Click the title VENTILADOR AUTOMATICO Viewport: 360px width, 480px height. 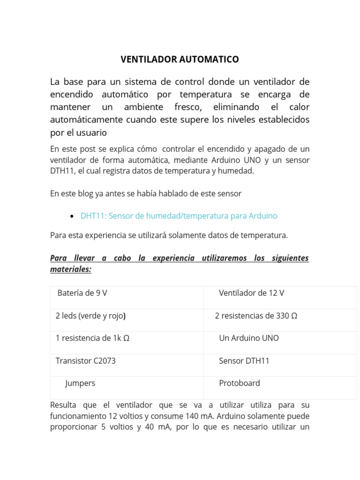click(180, 60)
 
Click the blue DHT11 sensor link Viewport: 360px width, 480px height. click(179, 216)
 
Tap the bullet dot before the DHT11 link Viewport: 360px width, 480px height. click(71, 216)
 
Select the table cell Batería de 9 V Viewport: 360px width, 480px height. click(82, 293)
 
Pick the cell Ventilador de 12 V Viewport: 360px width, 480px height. click(251, 293)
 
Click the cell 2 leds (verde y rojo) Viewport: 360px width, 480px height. click(90, 315)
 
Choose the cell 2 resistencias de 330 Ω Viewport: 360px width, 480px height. click(256, 315)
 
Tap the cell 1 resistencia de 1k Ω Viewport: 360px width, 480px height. click(92, 338)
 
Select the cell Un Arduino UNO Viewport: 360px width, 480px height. click(248, 338)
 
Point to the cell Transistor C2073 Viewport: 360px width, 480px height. click(85, 360)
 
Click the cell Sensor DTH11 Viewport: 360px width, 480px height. click(244, 360)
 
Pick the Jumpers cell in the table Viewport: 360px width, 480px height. click(80, 383)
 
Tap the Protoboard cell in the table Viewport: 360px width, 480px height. click(239, 383)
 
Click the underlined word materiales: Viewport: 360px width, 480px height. click(70, 270)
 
